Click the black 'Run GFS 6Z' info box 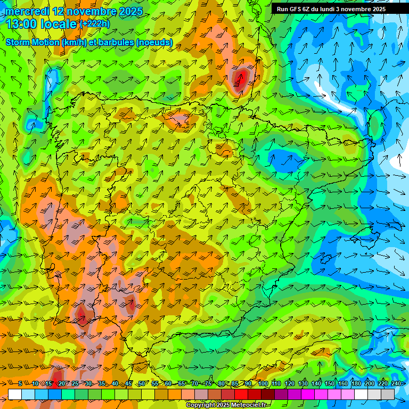point(336,9)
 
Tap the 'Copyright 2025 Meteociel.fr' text point(227,405)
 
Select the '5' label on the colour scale point(20,383)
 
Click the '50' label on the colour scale point(142,383)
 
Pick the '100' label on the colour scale point(263,383)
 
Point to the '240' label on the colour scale point(396,383)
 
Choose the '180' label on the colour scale point(356,383)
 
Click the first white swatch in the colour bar point(15,394)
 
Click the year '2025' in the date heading point(129,11)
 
